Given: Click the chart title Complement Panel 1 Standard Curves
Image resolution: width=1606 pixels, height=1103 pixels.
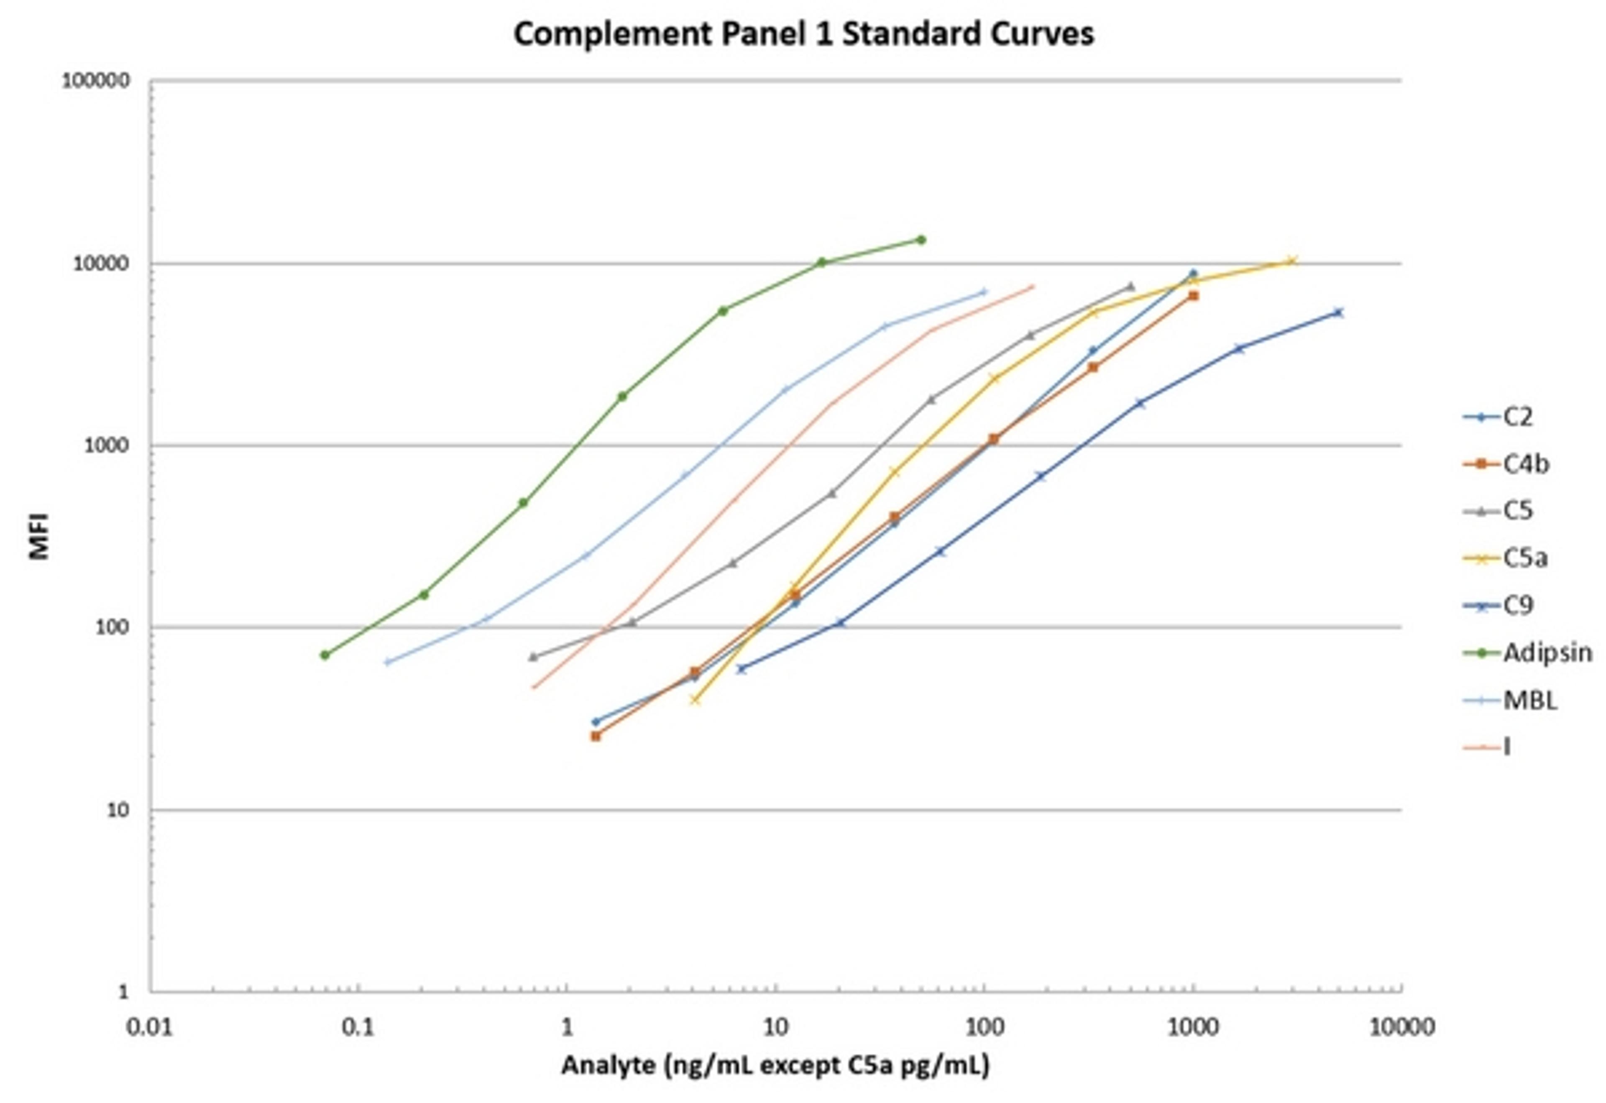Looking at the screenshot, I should pyautogui.click(x=803, y=34).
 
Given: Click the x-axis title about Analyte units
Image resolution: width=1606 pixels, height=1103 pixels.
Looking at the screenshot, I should pyautogui.click(x=775, y=1065).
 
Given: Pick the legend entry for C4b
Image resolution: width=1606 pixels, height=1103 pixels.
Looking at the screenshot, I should pyautogui.click(x=1525, y=464).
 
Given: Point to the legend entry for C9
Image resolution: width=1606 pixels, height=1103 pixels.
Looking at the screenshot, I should pyautogui.click(x=1518, y=605).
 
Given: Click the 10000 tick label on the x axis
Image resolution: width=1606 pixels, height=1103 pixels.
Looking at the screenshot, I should pyautogui.click(x=1401, y=1028).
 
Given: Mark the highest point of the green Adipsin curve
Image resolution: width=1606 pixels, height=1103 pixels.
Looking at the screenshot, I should pyautogui.click(x=921, y=240).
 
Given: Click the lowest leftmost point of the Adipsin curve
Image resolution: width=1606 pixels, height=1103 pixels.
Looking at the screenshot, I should pyautogui.click(x=325, y=655).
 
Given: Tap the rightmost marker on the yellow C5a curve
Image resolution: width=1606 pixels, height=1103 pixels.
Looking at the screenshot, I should pyautogui.click(x=1291, y=261).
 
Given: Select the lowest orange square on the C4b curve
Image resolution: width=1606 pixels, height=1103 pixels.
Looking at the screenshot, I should pyautogui.click(x=596, y=736).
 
